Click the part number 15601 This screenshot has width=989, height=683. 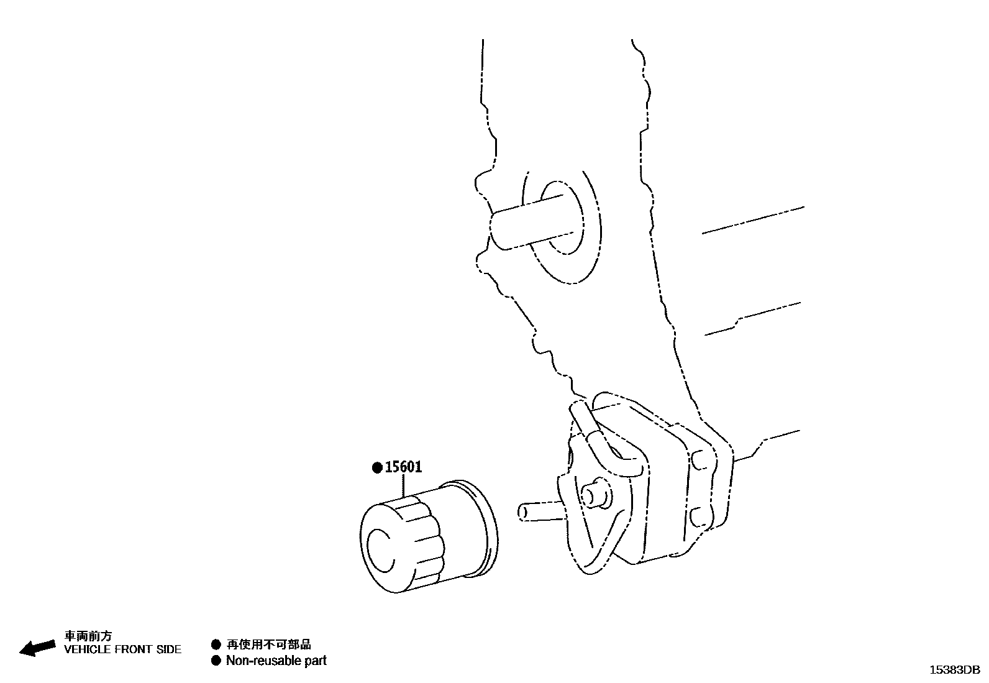[x=403, y=467]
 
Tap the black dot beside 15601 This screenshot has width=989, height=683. [x=376, y=468]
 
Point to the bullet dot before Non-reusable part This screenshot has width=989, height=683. [x=216, y=661]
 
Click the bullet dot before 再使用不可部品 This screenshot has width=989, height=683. [x=216, y=645]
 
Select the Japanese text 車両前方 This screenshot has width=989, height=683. [x=89, y=636]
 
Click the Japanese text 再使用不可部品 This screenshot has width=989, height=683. [x=268, y=645]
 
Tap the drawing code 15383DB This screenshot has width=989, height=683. [x=954, y=669]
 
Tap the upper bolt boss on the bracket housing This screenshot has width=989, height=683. [x=698, y=459]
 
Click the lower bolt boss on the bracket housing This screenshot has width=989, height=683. [x=698, y=515]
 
